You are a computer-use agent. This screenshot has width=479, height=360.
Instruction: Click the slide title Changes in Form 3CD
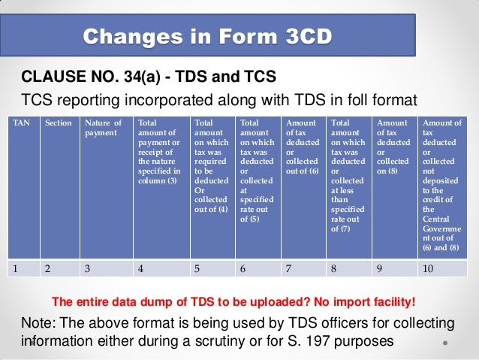coord(207,36)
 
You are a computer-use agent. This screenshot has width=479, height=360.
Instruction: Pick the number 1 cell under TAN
coord(23,267)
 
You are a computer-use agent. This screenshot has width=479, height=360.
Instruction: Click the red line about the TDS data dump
coord(233,302)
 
